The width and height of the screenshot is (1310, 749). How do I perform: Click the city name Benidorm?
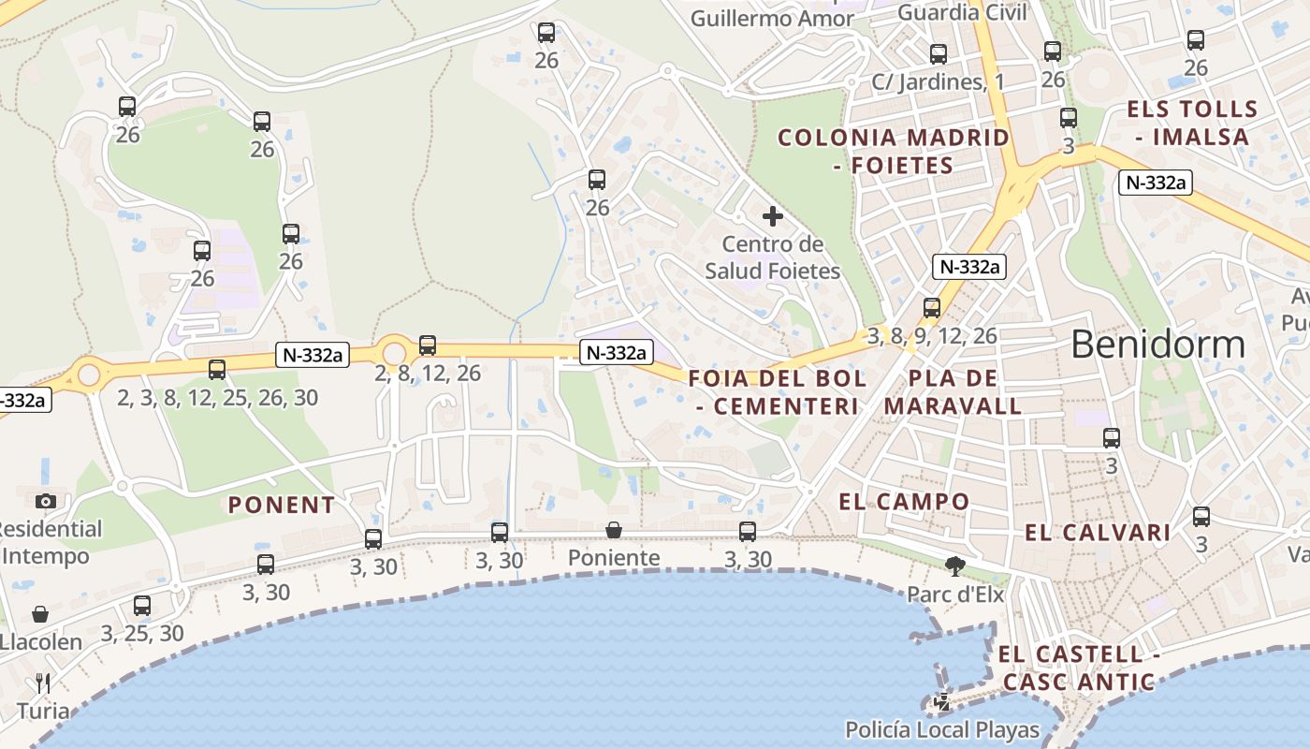pos(1157,345)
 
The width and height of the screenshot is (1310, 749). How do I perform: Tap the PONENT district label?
pos(282,505)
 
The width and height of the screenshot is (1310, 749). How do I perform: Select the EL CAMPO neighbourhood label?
pos(904,501)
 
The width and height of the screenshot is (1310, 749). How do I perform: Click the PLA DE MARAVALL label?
pos(953,392)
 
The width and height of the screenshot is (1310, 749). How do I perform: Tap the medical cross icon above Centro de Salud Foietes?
pos(773,217)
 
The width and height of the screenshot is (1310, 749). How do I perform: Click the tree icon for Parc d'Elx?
pos(955,565)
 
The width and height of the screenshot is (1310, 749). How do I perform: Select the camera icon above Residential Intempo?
pos(46,501)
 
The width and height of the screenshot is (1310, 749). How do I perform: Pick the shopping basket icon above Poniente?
pos(614,531)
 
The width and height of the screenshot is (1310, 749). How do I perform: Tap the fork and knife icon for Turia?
pos(43,683)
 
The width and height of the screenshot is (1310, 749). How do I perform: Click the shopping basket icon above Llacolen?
pos(41,614)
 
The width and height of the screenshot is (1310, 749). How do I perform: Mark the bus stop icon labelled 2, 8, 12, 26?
pos(428,345)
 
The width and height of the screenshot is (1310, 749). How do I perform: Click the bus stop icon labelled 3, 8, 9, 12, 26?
pos(931,308)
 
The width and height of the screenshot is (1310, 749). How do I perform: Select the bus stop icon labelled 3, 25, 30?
pos(142,606)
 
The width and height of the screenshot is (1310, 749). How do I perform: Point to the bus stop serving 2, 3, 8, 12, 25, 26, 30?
pos(217,370)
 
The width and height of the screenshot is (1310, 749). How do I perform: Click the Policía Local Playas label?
pos(942,729)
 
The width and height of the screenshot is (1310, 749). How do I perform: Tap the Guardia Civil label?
pos(962,12)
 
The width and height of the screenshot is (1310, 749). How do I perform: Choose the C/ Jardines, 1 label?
pos(938,81)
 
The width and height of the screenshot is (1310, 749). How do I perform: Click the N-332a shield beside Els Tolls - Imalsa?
pos(1155,183)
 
